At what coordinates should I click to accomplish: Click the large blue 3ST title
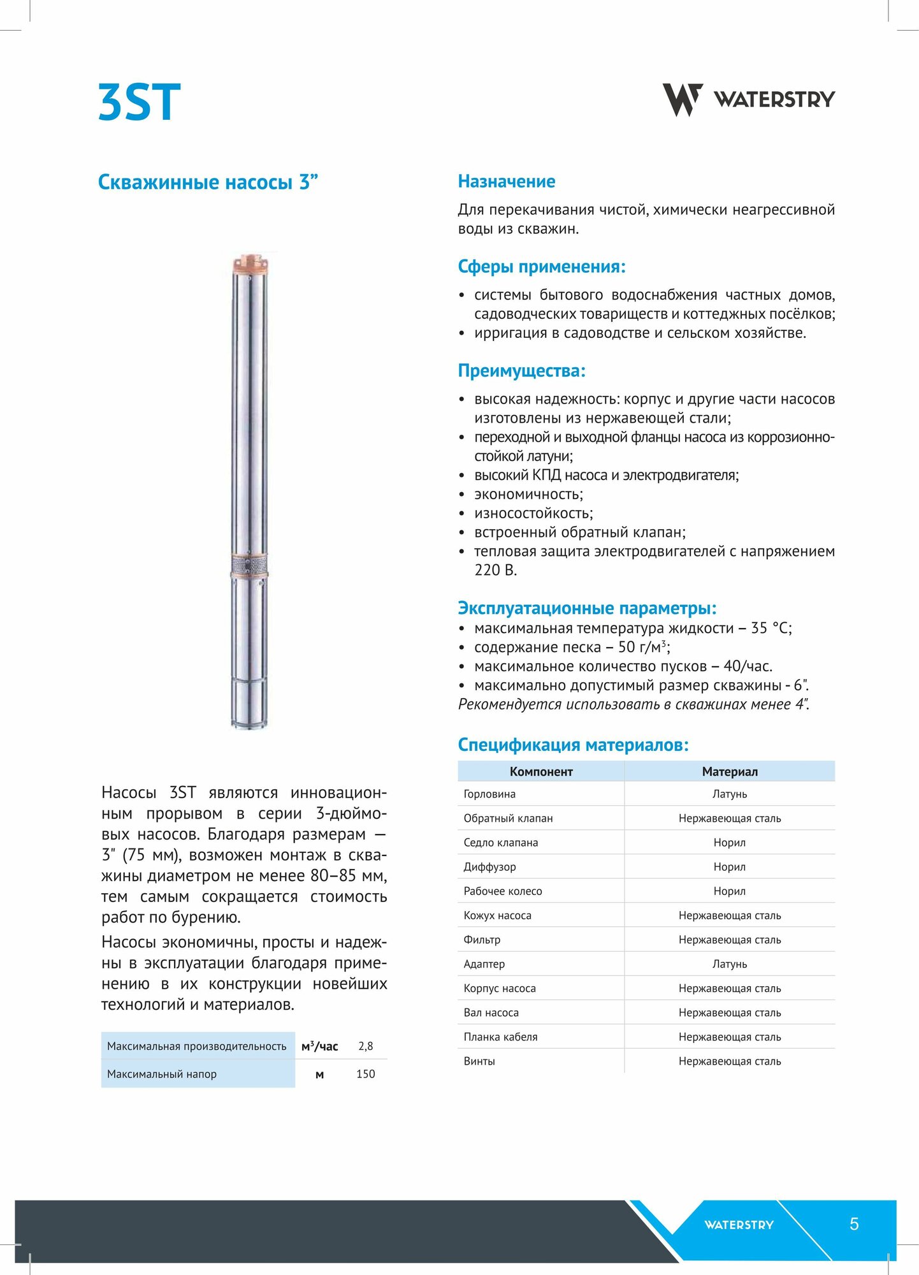140,102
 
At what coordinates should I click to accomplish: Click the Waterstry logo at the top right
748,99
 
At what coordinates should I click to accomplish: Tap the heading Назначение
506,182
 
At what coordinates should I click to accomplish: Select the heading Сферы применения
541,266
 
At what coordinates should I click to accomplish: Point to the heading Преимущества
521,371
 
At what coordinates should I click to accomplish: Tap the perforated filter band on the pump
249,564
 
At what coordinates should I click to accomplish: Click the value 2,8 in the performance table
366,1046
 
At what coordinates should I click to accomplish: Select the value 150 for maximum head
366,1074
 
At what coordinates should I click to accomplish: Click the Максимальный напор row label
162,1074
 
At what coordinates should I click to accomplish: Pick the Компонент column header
541,771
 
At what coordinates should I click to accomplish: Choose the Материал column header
730,771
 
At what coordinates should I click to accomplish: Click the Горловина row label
489,794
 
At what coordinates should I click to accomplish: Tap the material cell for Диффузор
730,867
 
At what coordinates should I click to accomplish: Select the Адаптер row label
484,964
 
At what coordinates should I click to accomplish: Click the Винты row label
479,1061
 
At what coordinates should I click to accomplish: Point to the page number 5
854,1224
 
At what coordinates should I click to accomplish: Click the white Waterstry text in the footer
739,1225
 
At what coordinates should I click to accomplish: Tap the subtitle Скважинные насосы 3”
208,182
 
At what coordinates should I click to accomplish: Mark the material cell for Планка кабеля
730,1037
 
